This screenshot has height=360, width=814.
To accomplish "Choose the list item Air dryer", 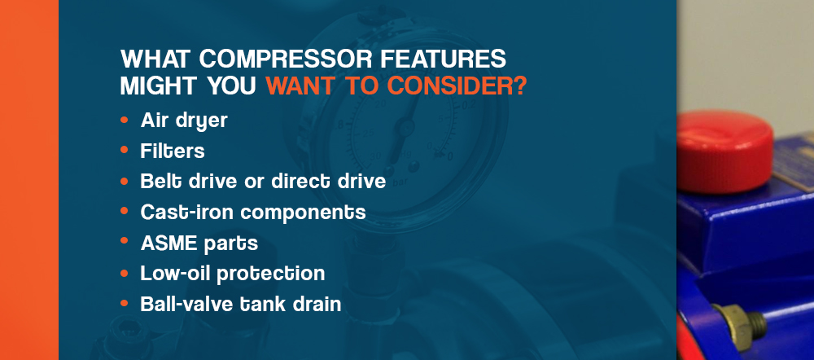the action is point(184,121).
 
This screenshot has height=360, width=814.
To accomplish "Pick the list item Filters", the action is point(173,151).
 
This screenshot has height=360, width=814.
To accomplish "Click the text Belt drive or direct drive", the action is point(263,182).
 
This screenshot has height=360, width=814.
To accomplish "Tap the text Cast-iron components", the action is point(253,212).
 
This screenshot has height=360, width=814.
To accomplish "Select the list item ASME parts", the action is point(199,243).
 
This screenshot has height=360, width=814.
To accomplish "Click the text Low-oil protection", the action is point(233,274).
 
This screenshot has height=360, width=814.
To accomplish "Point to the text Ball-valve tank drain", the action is point(241,304).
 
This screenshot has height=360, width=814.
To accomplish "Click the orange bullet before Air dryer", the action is point(124,120).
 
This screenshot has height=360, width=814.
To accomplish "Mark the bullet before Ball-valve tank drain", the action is point(124,303).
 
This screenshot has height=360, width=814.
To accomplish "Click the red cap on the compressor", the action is point(724,151).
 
